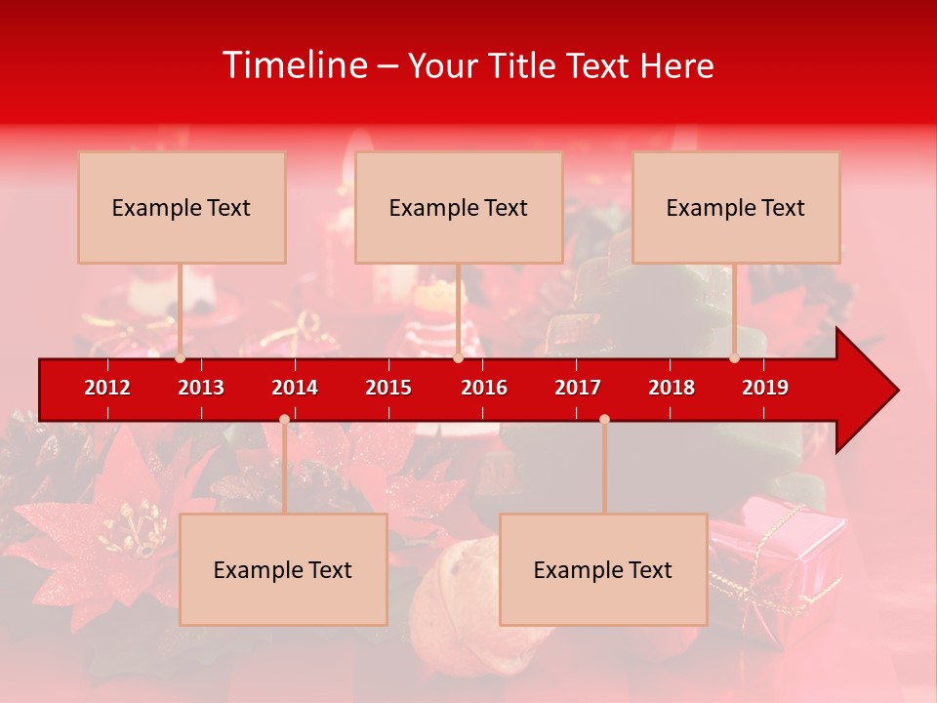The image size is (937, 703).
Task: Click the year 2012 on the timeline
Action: (x=107, y=388)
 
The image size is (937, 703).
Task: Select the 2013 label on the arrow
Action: (x=201, y=388)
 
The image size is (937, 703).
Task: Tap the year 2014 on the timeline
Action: (x=295, y=388)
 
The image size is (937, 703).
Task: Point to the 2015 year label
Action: (x=388, y=388)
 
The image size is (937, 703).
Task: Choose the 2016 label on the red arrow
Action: (x=484, y=388)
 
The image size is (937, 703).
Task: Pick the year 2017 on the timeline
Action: (x=578, y=388)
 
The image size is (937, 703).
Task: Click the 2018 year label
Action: (x=672, y=388)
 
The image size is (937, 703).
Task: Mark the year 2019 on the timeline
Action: (x=765, y=388)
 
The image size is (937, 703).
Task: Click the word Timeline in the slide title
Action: (x=295, y=65)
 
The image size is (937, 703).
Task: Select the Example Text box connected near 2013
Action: (x=182, y=208)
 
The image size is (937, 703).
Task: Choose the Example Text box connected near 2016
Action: (x=459, y=208)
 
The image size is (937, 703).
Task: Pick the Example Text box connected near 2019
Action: (x=736, y=208)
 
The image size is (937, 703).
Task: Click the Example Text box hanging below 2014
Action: (x=283, y=570)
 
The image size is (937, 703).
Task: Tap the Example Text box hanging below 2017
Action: (x=603, y=570)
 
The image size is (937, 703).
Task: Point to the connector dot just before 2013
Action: (x=180, y=358)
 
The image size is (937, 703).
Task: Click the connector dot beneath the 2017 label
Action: (x=604, y=419)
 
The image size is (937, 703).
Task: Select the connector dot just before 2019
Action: (x=734, y=358)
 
